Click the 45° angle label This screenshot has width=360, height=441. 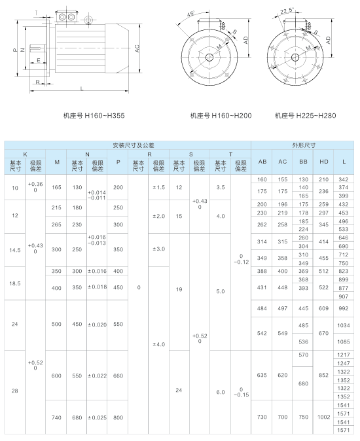tap(191, 14)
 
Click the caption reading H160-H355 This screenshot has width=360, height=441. tap(94, 116)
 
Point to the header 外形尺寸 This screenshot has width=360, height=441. tap(303, 145)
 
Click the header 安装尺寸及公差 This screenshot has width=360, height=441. tap(128, 145)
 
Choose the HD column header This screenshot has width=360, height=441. tap(323, 162)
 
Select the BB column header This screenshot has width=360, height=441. tap(303, 162)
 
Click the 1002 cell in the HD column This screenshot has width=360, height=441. tap(323, 417)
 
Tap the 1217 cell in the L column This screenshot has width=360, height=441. tap(344, 355)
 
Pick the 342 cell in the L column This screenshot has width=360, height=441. tap(344, 179)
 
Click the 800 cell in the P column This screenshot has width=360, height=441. tap(118, 417)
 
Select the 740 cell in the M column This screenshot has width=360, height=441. tap(56, 417)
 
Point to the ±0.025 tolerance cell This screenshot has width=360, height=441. tap(97, 417)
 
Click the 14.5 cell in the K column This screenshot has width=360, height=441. tap(15, 249)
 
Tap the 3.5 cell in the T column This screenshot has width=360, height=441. tap(221, 187)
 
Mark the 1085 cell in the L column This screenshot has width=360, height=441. tap(344, 341)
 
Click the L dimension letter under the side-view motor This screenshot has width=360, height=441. tap(81, 88)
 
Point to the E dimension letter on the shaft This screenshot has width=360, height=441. tap(39, 60)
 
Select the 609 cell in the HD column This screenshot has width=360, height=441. tap(323, 308)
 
